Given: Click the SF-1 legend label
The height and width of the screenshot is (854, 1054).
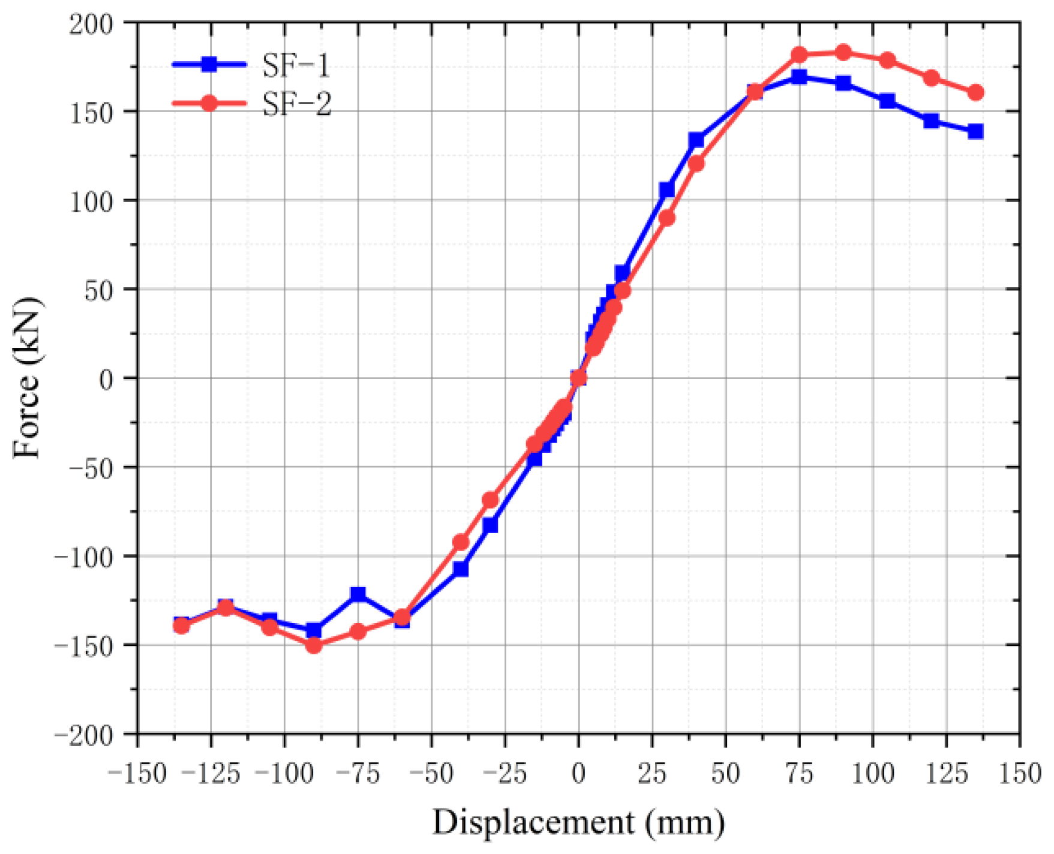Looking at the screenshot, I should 296,65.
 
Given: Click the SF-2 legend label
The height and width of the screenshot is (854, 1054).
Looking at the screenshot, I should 296,104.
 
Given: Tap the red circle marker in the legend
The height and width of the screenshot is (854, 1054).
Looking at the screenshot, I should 209,103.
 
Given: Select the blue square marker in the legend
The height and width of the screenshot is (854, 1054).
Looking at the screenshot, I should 209,64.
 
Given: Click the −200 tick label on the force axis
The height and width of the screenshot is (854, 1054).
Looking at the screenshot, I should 83,736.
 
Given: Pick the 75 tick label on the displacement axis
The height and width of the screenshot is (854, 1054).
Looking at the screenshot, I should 799,774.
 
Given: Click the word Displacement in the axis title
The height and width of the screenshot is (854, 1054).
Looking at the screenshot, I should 533,822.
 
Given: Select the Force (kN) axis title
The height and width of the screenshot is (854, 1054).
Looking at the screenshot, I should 28,378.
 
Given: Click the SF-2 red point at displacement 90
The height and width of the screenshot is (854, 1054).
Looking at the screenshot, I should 843,53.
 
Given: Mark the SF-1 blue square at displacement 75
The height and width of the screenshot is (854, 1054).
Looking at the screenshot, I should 799,77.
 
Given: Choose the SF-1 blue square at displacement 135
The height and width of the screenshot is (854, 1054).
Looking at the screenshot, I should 975,131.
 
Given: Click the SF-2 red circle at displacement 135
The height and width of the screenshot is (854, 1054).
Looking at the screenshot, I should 975,92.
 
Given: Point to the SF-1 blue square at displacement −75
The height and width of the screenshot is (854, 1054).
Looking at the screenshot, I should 358,594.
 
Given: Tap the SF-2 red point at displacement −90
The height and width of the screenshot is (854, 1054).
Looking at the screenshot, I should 314,645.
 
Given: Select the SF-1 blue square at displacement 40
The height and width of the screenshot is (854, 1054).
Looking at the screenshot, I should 696,140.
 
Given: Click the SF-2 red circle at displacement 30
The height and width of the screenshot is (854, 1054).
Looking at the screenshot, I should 666,218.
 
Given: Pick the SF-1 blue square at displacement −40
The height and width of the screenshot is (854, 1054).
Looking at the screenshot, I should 461,569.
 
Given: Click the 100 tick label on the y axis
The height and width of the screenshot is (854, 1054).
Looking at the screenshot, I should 91,202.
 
